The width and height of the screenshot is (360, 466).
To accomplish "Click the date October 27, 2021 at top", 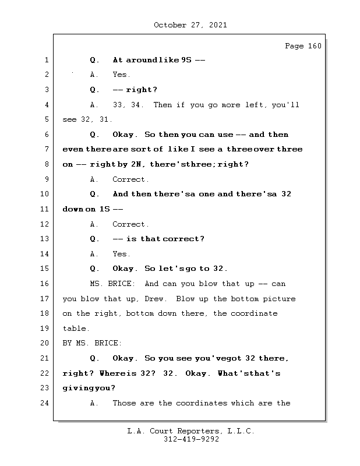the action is point(190,25).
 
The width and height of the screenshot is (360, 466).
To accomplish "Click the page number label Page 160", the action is point(303,46).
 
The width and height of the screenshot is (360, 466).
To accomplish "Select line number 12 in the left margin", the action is point(44,224).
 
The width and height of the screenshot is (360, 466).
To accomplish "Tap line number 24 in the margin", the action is point(44,403).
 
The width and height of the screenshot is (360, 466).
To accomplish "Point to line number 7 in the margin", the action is point(47,149).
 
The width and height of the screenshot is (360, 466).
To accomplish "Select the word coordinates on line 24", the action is point(201,403).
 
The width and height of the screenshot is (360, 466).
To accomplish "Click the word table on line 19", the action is point(76,329).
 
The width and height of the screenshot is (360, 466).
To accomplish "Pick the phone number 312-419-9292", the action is point(191,439).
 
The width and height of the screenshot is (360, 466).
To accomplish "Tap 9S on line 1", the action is point(186,60).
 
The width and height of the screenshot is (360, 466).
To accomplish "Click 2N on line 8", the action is point(136,164).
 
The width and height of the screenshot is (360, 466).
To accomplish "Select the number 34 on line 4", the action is point(136,105).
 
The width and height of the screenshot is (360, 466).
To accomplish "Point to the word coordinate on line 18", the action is point(254,313).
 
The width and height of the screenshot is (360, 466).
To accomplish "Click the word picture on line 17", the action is point(279,299).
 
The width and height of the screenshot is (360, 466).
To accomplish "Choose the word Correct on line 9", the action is point(130,179).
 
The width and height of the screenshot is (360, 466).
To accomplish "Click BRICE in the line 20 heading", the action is point(108,343).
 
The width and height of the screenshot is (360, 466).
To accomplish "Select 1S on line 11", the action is point(105,209).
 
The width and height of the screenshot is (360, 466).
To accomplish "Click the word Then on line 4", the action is point(163,105).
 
